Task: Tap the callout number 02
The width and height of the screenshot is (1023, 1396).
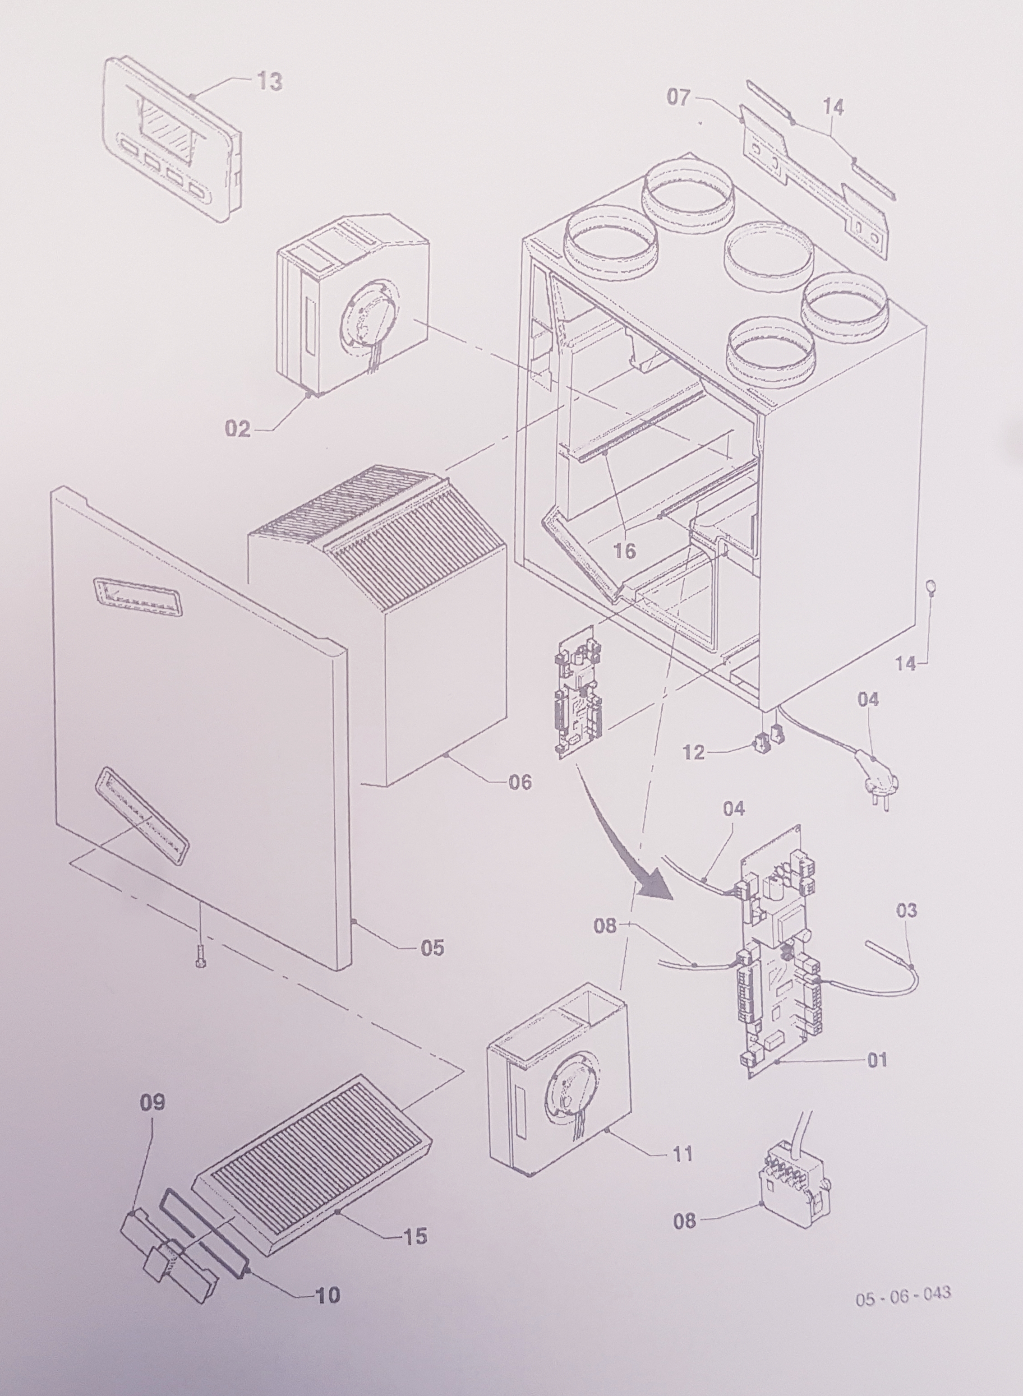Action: click(237, 429)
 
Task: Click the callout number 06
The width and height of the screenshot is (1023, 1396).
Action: click(520, 782)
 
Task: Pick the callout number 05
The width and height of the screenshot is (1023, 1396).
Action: click(432, 947)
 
